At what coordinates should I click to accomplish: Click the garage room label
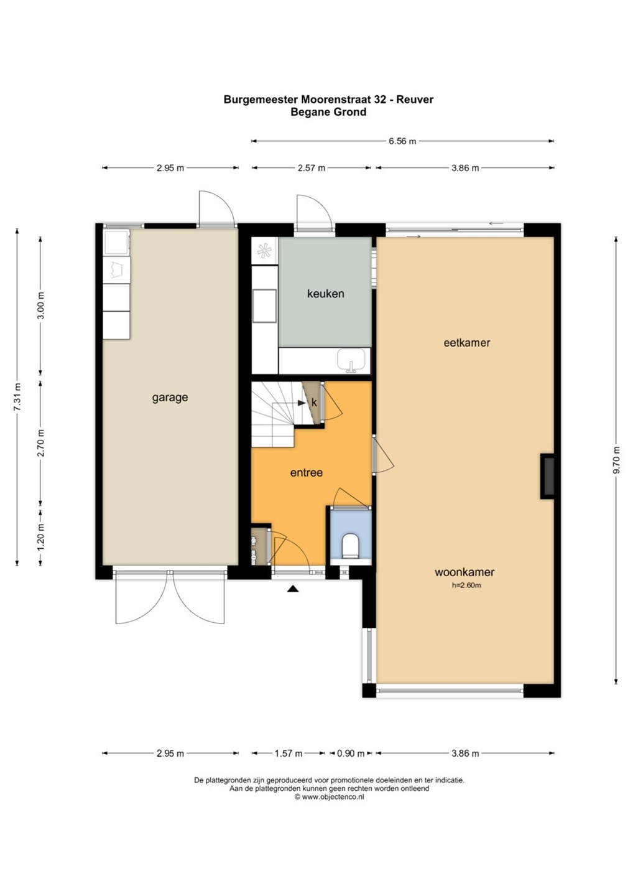170,398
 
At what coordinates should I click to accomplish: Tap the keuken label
325,294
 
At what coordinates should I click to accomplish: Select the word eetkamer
467,342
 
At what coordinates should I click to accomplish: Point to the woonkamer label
464,572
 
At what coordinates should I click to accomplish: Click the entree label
306,472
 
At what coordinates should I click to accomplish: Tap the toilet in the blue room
351,545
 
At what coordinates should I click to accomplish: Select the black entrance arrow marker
293,589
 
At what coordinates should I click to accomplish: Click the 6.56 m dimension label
402,141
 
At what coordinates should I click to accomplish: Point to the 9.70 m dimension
617,465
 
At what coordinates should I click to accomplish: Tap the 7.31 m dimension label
17,397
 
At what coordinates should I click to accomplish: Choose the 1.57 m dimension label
288,754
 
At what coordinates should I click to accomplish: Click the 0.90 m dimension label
351,754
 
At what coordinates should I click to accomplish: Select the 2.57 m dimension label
312,168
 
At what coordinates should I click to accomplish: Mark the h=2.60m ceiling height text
466,585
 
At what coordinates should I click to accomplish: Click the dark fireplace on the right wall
547,476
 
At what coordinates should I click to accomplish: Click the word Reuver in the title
414,99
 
